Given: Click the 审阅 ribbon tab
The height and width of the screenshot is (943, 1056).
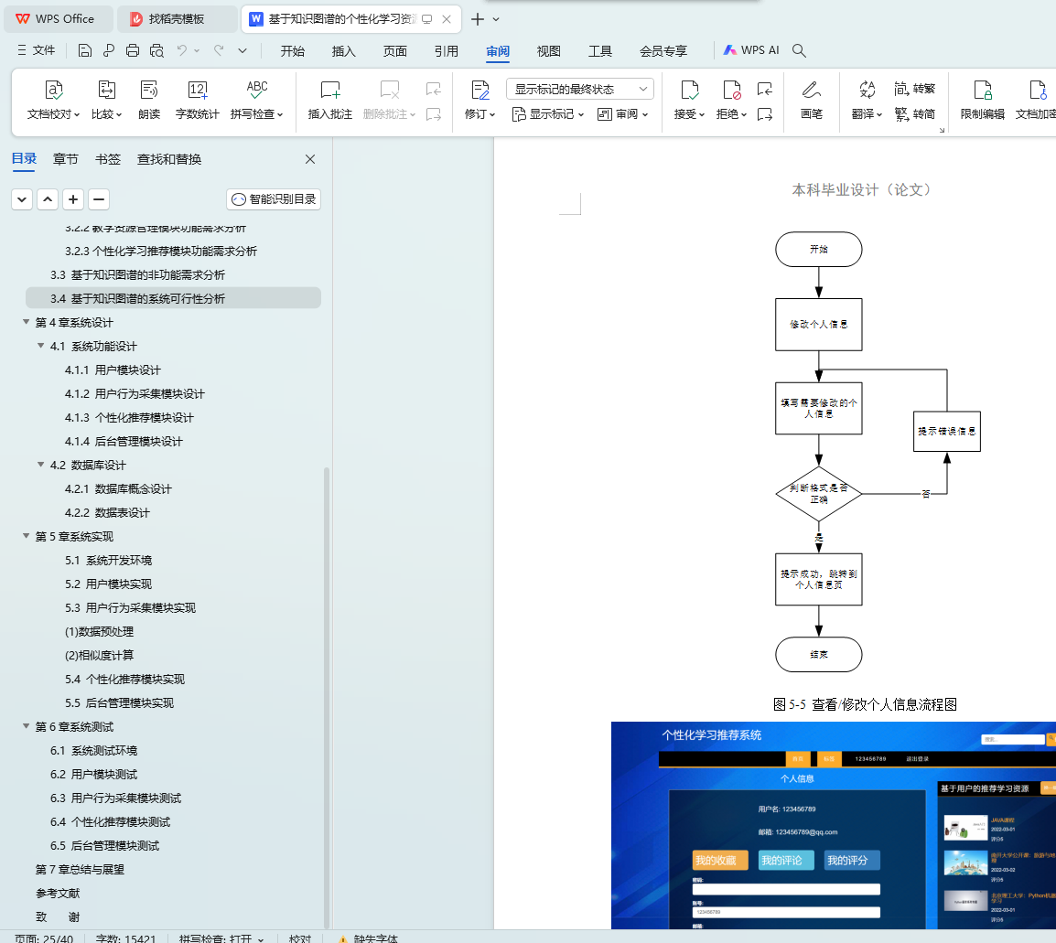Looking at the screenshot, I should click(498, 51).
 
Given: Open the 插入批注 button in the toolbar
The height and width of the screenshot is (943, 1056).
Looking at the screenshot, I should click(330, 100).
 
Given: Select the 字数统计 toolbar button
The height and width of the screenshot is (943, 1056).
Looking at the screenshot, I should click(198, 100).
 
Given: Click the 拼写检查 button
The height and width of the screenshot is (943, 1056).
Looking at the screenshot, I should click(256, 100).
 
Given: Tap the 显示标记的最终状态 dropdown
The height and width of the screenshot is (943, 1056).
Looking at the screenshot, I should click(580, 89).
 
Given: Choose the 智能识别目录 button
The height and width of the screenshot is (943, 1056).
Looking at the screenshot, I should click(274, 198).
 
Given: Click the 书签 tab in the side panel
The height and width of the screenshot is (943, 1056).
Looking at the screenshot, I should click(108, 159).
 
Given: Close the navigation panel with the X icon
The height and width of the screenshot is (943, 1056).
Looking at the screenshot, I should click(310, 159).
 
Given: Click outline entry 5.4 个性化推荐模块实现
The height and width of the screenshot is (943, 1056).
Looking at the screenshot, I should click(124, 679).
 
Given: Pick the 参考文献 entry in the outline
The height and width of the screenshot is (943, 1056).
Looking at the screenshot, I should click(58, 893).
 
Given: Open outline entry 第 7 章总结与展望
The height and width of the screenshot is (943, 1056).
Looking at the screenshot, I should click(80, 869).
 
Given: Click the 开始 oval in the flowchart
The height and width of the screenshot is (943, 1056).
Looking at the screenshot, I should click(818, 250).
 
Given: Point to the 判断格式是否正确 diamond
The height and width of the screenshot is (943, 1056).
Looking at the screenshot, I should click(818, 494).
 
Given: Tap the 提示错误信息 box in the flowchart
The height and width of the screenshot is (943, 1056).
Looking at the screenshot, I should click(947, 431).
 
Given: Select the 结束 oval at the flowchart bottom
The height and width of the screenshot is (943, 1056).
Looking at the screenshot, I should click(818, 655).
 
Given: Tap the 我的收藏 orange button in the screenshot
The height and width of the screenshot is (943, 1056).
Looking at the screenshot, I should click(720, 861).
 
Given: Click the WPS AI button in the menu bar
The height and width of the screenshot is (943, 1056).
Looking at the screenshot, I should click(751, 51).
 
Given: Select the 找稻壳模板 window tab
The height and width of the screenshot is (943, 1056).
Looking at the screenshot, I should click(177, 19).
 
